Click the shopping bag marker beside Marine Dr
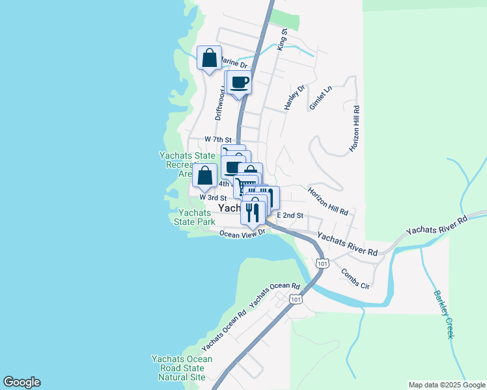[x=210, y=58]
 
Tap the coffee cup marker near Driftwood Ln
[x=239, y=83]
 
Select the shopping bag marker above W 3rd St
[x=205, y=175]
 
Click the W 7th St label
[x=217, y=140]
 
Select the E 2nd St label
[x=290, y=214]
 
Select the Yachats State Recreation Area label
[x=187, y=164]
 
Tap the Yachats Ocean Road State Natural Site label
[x=182, y=368]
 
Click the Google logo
[x=21, y=382]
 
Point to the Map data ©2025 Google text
[x=447, y=385]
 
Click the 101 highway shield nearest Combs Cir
[x=322, y=263]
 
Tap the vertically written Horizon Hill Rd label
[x=355, y=129]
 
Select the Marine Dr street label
[x=235, y=64]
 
